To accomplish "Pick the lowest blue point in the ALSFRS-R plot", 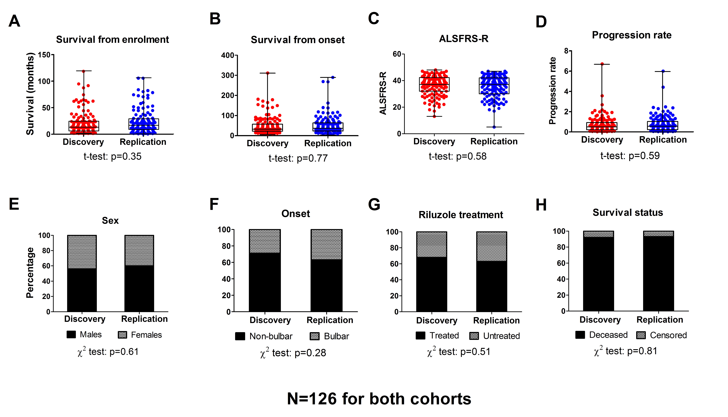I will coord(494,127).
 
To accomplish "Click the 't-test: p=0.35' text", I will coord(112,156).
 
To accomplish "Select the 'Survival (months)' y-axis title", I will coord(30,94).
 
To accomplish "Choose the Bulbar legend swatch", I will coord(315,336).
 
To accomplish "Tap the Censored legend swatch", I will coord(641,335).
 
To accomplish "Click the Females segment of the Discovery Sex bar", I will coord(82,252).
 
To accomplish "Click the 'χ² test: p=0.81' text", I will coord(625,351).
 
